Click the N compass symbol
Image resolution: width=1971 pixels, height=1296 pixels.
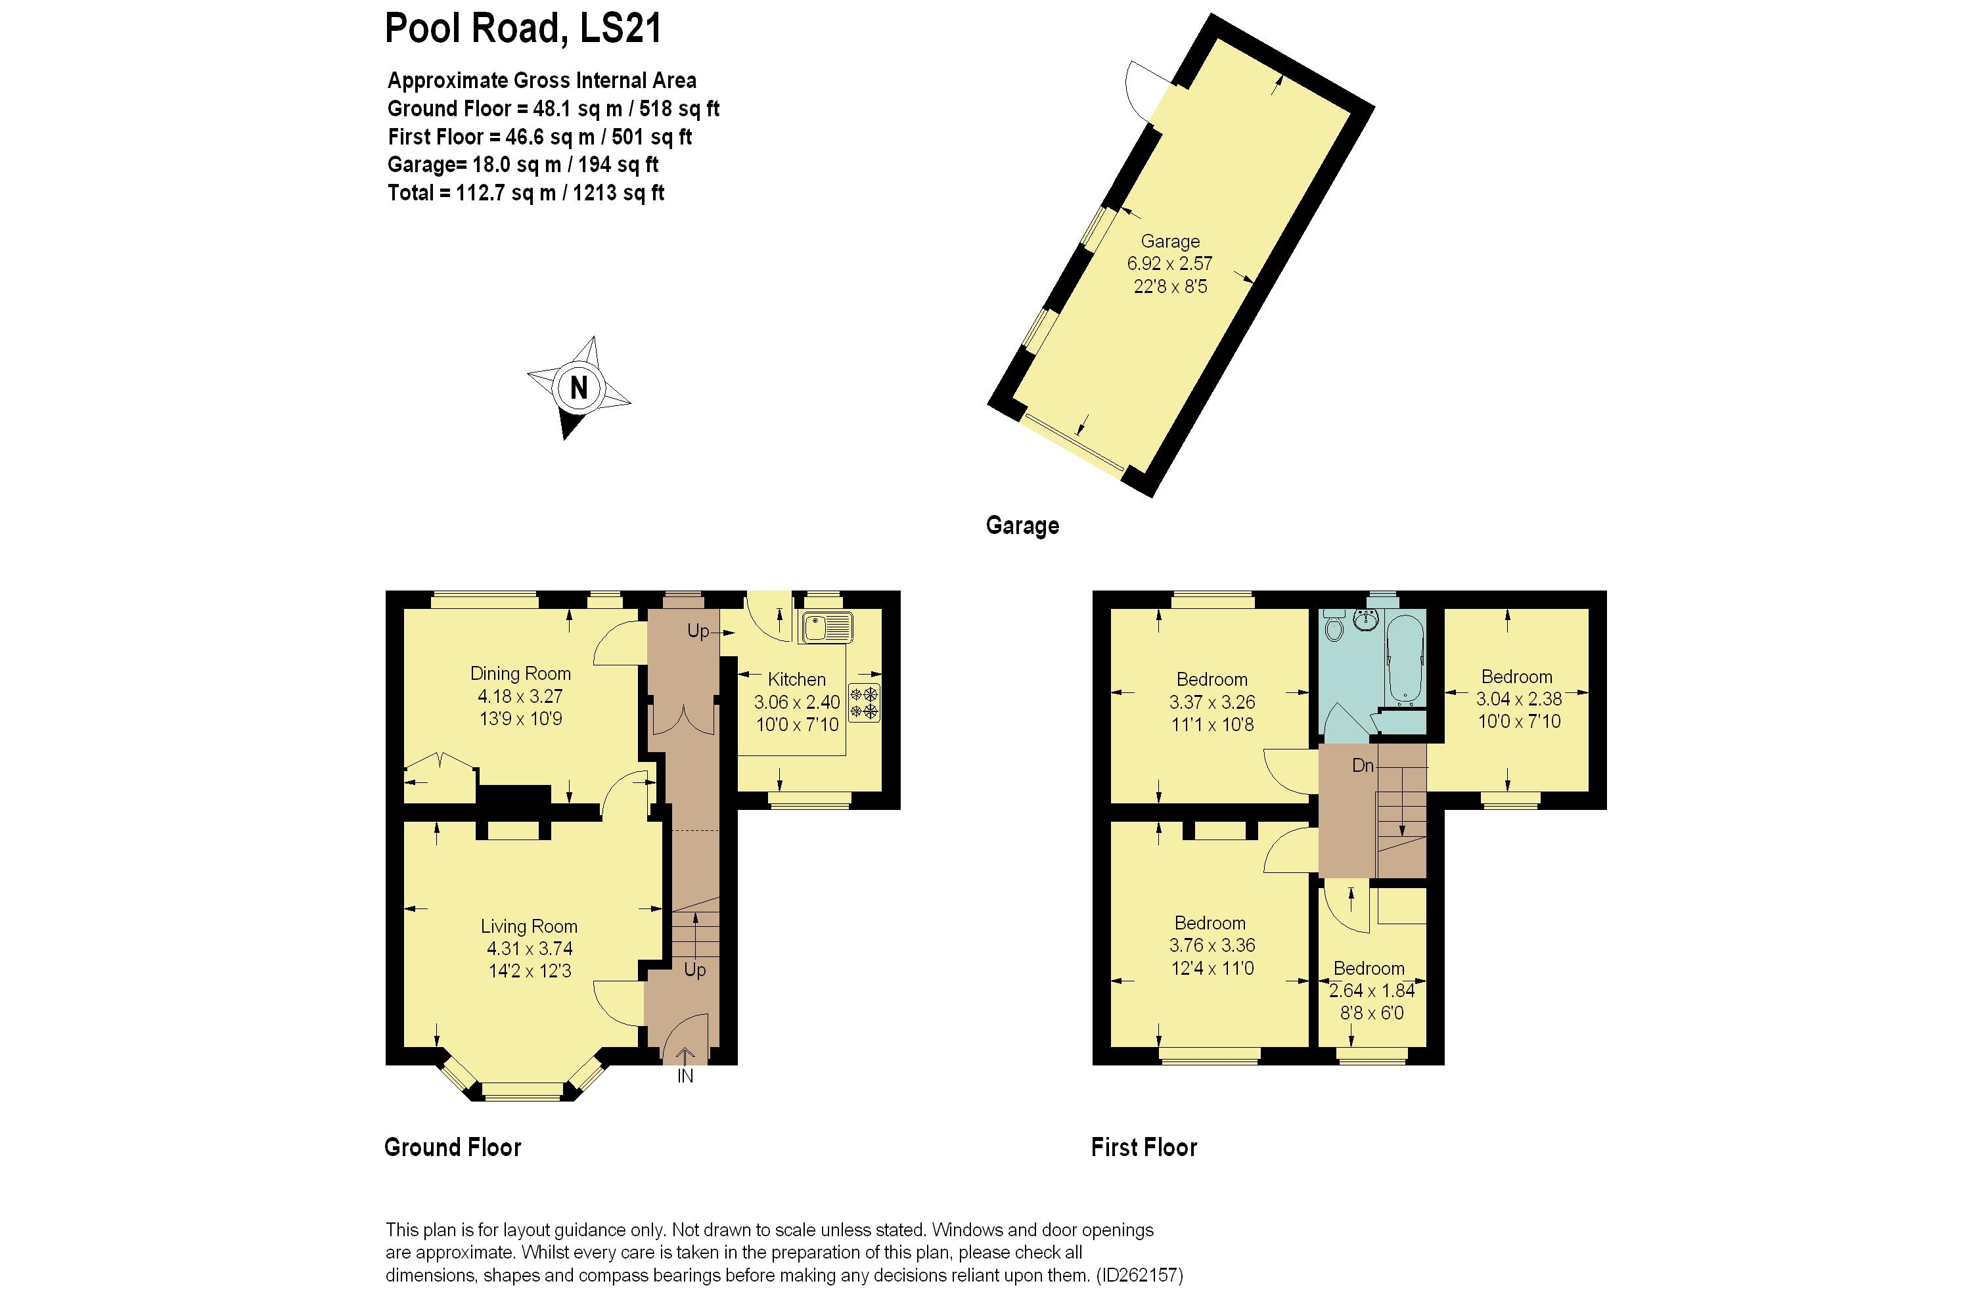579,388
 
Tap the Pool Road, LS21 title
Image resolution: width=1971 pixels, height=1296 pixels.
524,28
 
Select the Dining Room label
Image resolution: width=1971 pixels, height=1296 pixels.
521,673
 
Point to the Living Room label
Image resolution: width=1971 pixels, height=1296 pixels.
529,926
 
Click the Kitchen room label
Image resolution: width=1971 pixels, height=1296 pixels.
797,679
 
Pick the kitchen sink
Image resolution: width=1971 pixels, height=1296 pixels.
826,628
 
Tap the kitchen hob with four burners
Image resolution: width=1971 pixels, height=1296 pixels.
864,702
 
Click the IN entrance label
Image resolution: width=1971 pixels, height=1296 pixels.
685,1077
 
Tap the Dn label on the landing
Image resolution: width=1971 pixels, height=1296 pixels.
1363,765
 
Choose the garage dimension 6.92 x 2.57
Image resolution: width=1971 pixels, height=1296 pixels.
1169,263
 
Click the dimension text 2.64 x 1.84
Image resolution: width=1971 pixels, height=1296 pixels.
1371,990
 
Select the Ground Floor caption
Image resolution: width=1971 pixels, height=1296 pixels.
453,1147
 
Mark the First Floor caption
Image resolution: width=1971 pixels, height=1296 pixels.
1144,1147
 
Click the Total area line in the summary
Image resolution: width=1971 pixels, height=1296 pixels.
526,193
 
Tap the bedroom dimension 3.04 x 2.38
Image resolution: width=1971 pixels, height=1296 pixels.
1519,699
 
